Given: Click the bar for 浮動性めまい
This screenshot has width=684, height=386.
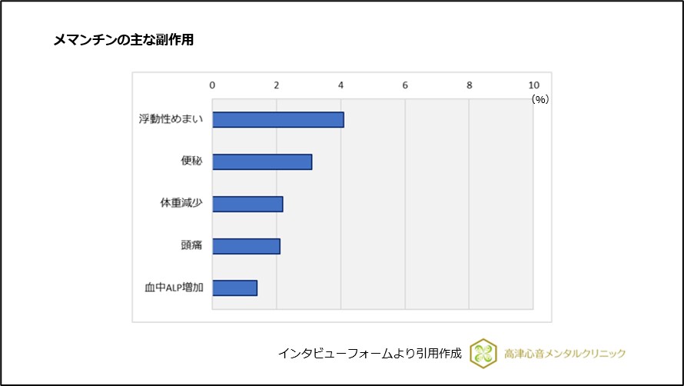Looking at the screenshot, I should [277, 120].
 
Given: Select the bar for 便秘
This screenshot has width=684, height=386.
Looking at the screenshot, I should [262, 161].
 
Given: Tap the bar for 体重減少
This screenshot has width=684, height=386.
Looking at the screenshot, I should [247, 204].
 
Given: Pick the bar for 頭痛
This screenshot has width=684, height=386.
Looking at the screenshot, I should [246, 246].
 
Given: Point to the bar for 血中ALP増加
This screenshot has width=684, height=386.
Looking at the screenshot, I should [234, 288].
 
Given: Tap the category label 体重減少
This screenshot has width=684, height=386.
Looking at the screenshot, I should [181, 204].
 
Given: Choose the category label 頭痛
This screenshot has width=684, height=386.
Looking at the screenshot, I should [191, 246].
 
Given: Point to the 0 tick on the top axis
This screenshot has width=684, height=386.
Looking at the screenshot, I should [212, 85].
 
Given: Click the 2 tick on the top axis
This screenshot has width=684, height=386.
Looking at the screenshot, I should [277, 85].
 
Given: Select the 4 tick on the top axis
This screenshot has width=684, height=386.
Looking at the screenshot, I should [340, 85].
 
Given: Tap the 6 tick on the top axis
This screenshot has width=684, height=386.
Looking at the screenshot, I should [405, 85].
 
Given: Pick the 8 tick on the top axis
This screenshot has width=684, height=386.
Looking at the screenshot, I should [469, 85].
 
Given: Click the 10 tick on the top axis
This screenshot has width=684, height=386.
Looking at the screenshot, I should [533, 85].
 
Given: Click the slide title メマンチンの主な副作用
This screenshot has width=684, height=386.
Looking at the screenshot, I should [123, 40].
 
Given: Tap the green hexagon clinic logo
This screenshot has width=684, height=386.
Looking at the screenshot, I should [483, 353].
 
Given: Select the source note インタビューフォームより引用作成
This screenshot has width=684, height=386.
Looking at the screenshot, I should [370, 354].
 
